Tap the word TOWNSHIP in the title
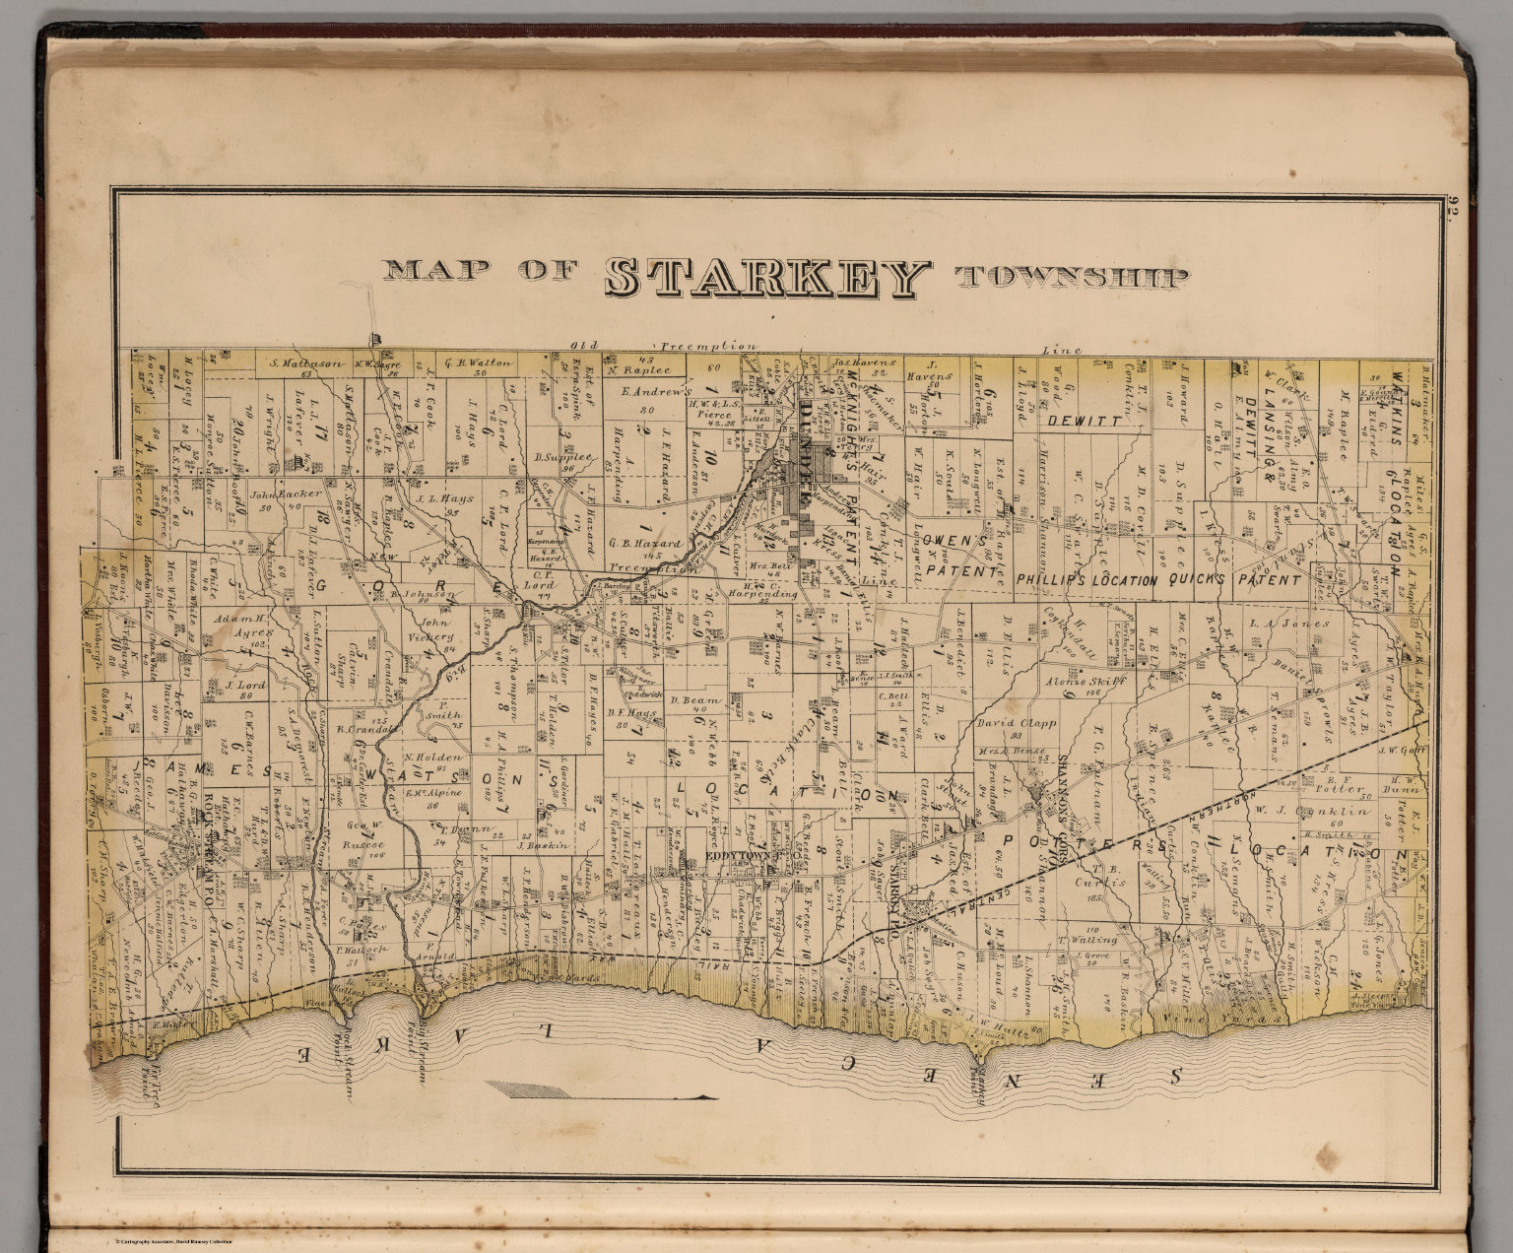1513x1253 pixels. click(1071, 278)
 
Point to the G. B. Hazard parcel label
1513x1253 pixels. click(645, 543)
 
